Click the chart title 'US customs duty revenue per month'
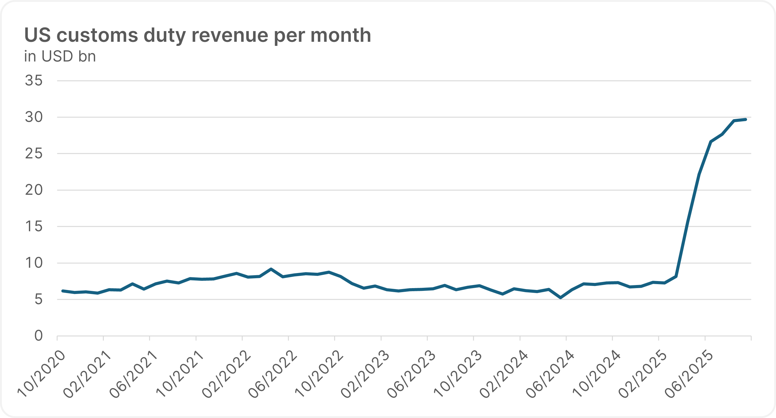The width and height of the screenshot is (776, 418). (x=198, y=35)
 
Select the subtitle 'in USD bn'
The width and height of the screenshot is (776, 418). (x=60, y=56)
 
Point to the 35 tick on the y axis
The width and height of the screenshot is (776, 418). (x=34, y=81)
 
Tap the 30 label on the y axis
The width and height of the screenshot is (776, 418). (x=34, y=117)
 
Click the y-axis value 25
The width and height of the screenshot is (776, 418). (x=34, y=153)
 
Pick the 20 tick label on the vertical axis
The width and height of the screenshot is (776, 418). (x=34, y=190)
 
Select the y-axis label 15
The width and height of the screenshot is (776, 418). (x=34, y=227)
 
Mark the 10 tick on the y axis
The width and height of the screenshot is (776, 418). (x=34, y=263)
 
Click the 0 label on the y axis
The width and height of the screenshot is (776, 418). (x=38, y=336)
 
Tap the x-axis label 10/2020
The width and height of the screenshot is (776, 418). (x=42, y=374)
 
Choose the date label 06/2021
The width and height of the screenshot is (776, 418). (x=134, y=374)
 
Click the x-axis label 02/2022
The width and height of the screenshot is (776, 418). (x=227, y=374)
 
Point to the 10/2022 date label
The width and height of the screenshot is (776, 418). (x=319, y=374)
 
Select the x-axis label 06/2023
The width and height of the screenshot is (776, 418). (x=412, y=374)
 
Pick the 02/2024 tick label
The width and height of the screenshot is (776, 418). (x=504, y=374)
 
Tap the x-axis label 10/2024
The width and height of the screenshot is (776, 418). (x=597, y=374)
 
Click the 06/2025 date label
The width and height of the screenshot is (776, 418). (x=689, y=374)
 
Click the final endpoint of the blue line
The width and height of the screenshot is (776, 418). (x=746, y=119)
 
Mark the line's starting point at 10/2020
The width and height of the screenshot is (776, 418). (x=63, y=291)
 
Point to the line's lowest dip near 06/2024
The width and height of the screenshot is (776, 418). (x=560, y=298)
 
